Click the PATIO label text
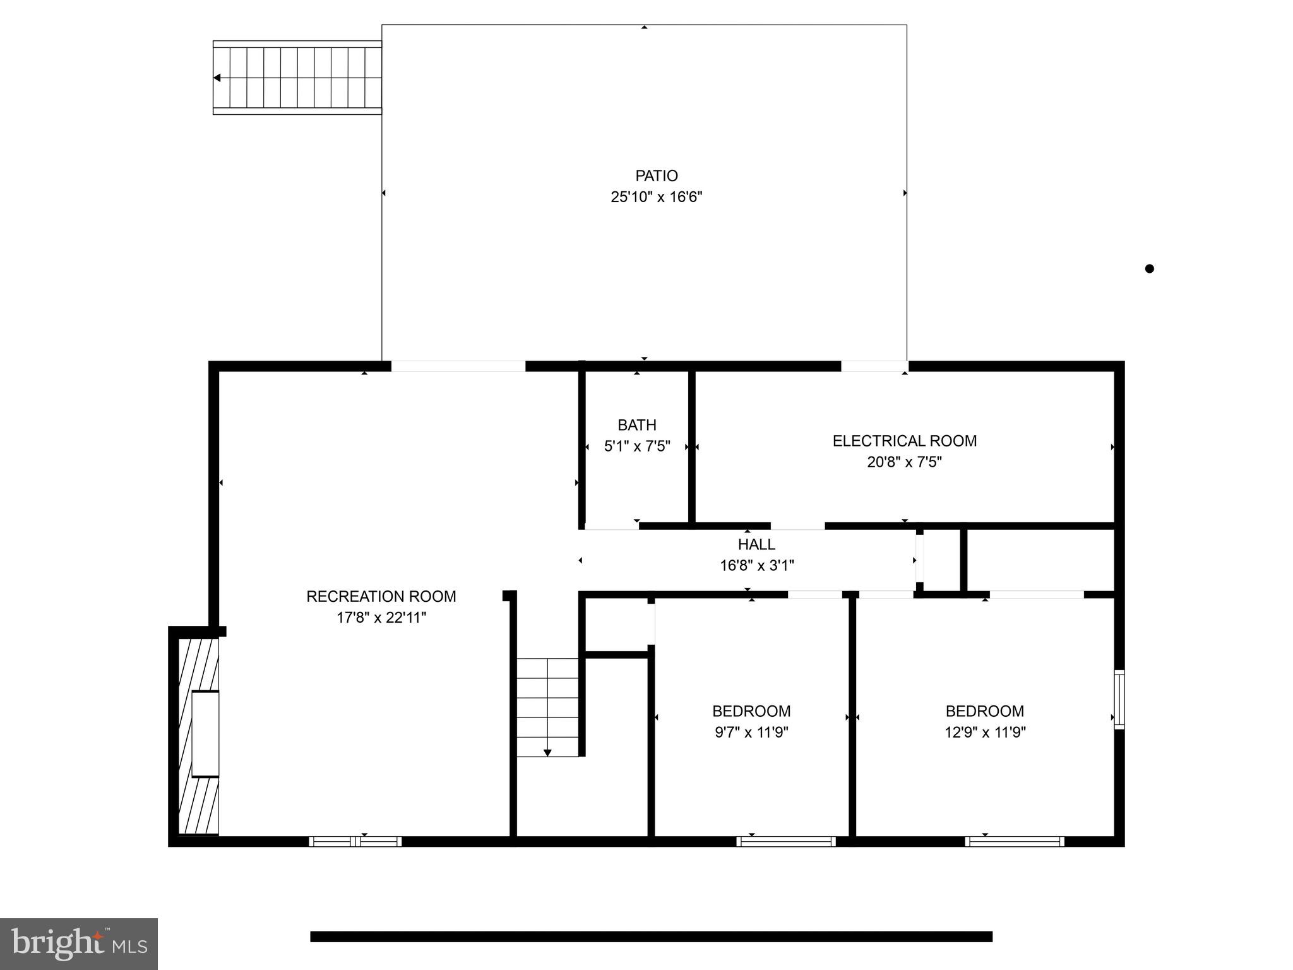pyautogui.click(x=656, y=176)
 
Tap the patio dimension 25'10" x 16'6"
pyautogui.click(x=656, y=197)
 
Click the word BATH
pyautogui.click(x=636, y=425)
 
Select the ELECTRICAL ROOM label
pyautogui.click(x=904, y=441)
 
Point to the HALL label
pyautogui.click(x=756, y=544)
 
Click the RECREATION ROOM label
pyautogui.click(x=381, y=596)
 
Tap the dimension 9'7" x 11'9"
pyautogui.click(x=751, y=733)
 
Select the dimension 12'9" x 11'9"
pyautogui.click(x=984, y=733)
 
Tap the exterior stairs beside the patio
pyautogui.click(x=297, y=78)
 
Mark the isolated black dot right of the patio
pyautogui.click(x=1149, y=268)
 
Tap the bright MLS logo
pyautogui.click(x=78, y=943)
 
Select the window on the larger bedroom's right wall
pyautogui.click(x=1119, y=699)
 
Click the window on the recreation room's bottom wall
pyautogui.click(x=355, y=841)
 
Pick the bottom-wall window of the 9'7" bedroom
pyautogui.click(x=786, y=841)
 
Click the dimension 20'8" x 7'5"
pyautogui.click(x=904, y=462)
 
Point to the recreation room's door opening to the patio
pyautogui.click(x=458, y=366)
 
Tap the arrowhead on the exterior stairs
pyautogui.click(x=217, y=78)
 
